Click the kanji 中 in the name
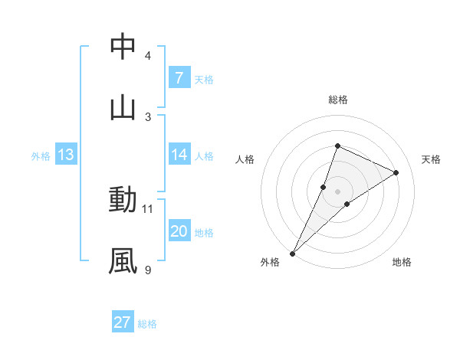coord(123,47)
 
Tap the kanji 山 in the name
coord(123,106)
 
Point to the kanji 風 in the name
coord(123,260)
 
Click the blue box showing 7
coord(179,77)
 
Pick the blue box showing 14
coord(179,155)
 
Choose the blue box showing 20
coord(179,231)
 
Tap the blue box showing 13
coord(65,155)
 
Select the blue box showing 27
coord(123,322)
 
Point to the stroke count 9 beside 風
coord(148,270)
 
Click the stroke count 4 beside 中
coord(148,56)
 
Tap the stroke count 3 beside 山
coord(148,116)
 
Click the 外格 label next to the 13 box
coord(41,155)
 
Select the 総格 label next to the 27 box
coord(147,323)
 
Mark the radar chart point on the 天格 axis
coord(396,173)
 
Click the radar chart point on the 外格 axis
coord(293,253)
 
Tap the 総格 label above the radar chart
coord(337,100)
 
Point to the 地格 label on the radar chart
coord(402,262)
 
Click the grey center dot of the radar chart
coord(337,191)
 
